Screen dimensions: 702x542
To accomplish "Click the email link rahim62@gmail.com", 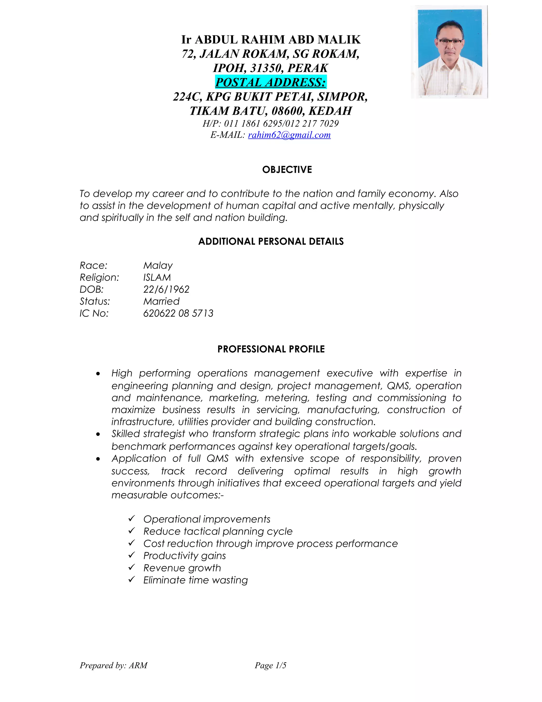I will [x=289, y=135].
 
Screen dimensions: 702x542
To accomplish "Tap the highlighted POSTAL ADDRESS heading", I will [x=270, y=82].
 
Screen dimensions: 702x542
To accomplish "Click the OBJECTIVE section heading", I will [x=287, y=170].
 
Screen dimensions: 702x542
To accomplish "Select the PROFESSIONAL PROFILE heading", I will [x=271, y=349].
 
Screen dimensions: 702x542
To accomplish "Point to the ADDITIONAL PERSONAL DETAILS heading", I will [x=271, y=241].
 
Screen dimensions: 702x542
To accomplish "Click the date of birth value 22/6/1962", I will [x=166, y=289].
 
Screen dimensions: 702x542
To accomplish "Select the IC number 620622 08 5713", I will [x=178, y=313].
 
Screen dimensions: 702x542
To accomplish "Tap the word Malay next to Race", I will [x=158, y=265].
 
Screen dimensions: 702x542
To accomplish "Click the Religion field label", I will [x=99, y=277].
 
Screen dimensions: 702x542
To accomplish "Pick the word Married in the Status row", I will [x=161, y=301].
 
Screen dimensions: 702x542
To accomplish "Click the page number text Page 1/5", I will [x=270, y=665].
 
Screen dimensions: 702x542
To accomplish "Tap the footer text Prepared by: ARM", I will [x=113, y=665].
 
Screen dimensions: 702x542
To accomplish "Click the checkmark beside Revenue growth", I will [x=132, y=567].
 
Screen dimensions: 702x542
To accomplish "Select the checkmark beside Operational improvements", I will [x=132, y=518].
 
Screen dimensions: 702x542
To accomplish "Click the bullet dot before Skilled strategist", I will [x=98, y=434].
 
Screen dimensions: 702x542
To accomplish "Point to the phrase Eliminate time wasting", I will [x=195, y=580].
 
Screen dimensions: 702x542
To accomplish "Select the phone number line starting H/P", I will [x=270, y=123].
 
